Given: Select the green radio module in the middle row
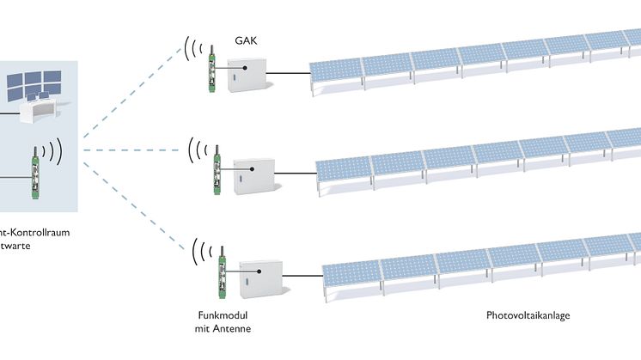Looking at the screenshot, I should coord(217,168).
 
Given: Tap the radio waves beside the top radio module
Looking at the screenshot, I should coord(189,48).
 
